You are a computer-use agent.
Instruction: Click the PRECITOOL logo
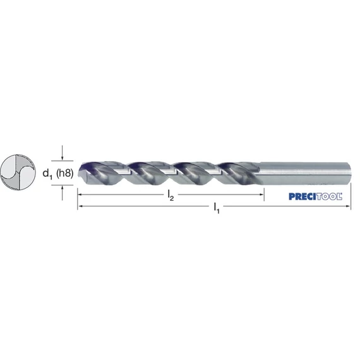pos(315,196)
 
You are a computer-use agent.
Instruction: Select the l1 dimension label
pos(217,208)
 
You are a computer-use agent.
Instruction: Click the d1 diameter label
pos(47,174)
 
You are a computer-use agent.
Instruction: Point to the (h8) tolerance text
pos(65,173)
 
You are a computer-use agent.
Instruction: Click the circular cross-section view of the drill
pos(18,172)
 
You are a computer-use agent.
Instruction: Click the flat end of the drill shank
pos(350,174)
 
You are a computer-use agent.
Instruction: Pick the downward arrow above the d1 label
pos(63,153)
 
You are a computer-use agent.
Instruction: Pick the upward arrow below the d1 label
pos(63,193)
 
